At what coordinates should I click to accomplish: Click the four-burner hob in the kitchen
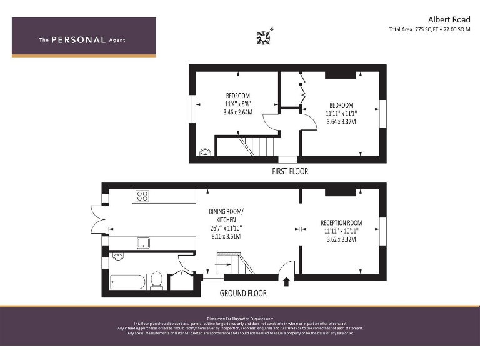(142, 196)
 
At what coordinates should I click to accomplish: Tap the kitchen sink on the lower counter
(143, 243)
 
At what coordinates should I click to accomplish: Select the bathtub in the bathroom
(127, 281)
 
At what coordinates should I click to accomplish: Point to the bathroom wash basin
(119, 256)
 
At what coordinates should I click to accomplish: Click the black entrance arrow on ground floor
(287, 281)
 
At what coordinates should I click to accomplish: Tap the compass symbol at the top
(264, 37)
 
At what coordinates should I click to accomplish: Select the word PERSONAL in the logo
(78, 40)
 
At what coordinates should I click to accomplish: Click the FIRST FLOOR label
(289, 171)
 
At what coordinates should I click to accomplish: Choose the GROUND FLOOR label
(243, 293)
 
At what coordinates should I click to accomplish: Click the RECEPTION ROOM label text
(341, 223)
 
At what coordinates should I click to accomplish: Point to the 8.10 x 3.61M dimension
(226, 237)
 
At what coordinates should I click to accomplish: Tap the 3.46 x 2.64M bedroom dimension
(237, 112)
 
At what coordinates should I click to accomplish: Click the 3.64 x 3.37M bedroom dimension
(341, 122)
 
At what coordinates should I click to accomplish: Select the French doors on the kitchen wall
(97, 221)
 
